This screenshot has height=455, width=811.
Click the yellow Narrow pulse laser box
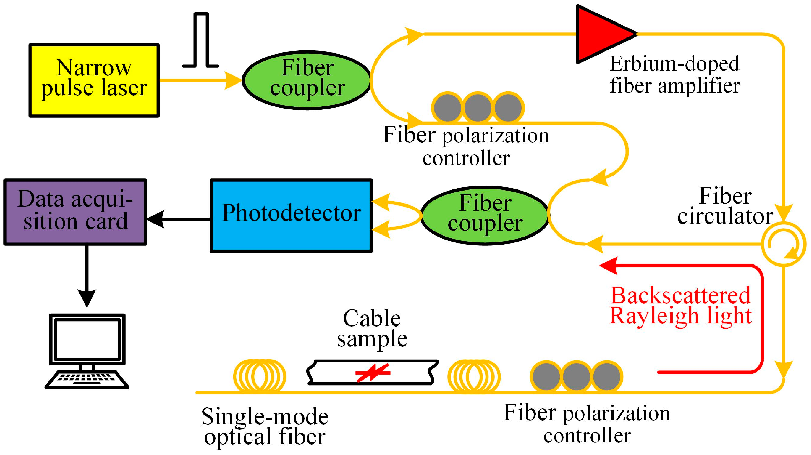pos(94,80)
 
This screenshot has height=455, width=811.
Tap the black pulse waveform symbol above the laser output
pos(201,41)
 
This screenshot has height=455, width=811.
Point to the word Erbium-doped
pos(674,64)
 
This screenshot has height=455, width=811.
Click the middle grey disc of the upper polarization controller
pos(477,108)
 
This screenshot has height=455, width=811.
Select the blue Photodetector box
pos(291,215)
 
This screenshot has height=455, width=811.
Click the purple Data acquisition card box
pos(75,212)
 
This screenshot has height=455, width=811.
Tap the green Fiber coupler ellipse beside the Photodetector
pos(485,215)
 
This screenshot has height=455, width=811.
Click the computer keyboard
pos(87,379)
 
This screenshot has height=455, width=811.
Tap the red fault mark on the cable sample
pos(373,373)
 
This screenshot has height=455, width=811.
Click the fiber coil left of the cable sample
pos(260,376)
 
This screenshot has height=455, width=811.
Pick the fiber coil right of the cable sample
pos(474,376)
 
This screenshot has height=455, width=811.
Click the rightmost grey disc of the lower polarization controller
pos(606,376)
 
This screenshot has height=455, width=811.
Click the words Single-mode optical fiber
pos(265,426)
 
